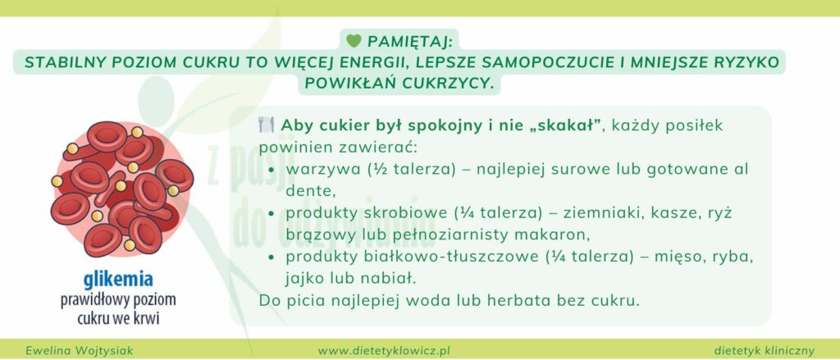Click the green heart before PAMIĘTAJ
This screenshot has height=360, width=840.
point(354,40)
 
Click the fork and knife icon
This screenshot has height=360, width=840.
point(266,126)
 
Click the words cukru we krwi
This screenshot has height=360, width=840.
point(118,317)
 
